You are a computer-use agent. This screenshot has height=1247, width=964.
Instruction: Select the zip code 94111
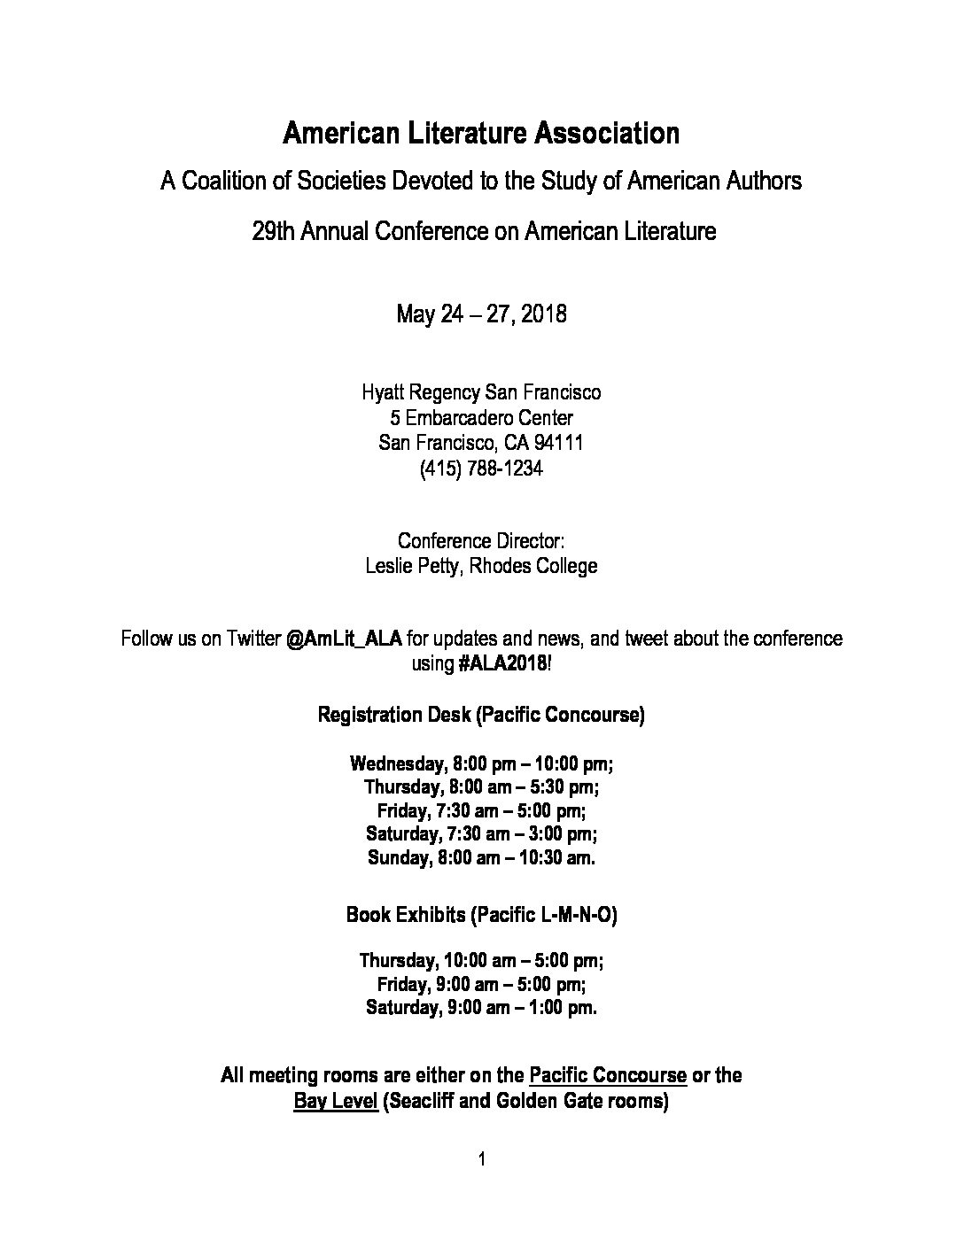(558, 443)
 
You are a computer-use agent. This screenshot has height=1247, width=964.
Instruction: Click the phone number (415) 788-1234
(481, 469)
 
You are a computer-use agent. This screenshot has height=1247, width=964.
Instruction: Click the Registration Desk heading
(394, 715)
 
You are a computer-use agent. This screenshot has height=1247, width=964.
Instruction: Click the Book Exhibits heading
(406, 915)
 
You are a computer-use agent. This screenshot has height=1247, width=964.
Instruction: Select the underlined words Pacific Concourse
(608, 1076)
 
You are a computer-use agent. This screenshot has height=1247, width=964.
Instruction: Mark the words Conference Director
(481, 541)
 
